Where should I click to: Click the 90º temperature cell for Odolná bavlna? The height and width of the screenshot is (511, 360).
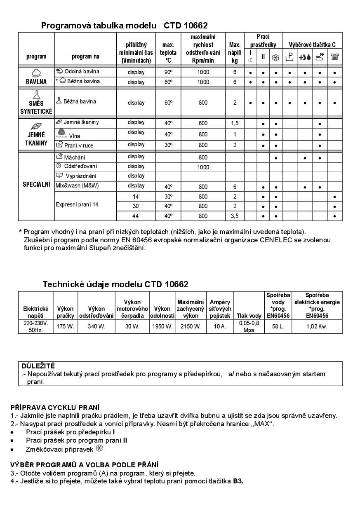[168, 72]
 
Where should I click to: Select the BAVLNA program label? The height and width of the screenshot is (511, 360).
[36, 82]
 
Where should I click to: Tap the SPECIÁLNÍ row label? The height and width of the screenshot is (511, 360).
[36, 185]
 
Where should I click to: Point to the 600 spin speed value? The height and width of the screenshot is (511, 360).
[203, 122]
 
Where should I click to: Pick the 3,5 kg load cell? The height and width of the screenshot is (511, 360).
[235, 216]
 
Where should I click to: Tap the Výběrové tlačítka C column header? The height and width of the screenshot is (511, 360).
[312, 45]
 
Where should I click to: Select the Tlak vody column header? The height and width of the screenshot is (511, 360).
[249, 316]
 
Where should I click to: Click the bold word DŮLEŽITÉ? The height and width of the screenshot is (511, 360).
[38, 366]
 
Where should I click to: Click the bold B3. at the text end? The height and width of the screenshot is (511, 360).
[238, 481]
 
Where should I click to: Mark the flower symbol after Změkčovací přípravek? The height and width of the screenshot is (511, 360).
[98, 448]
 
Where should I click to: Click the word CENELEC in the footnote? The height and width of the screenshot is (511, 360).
[276, 240]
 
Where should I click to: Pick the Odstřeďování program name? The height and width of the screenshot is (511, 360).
[80, 166]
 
